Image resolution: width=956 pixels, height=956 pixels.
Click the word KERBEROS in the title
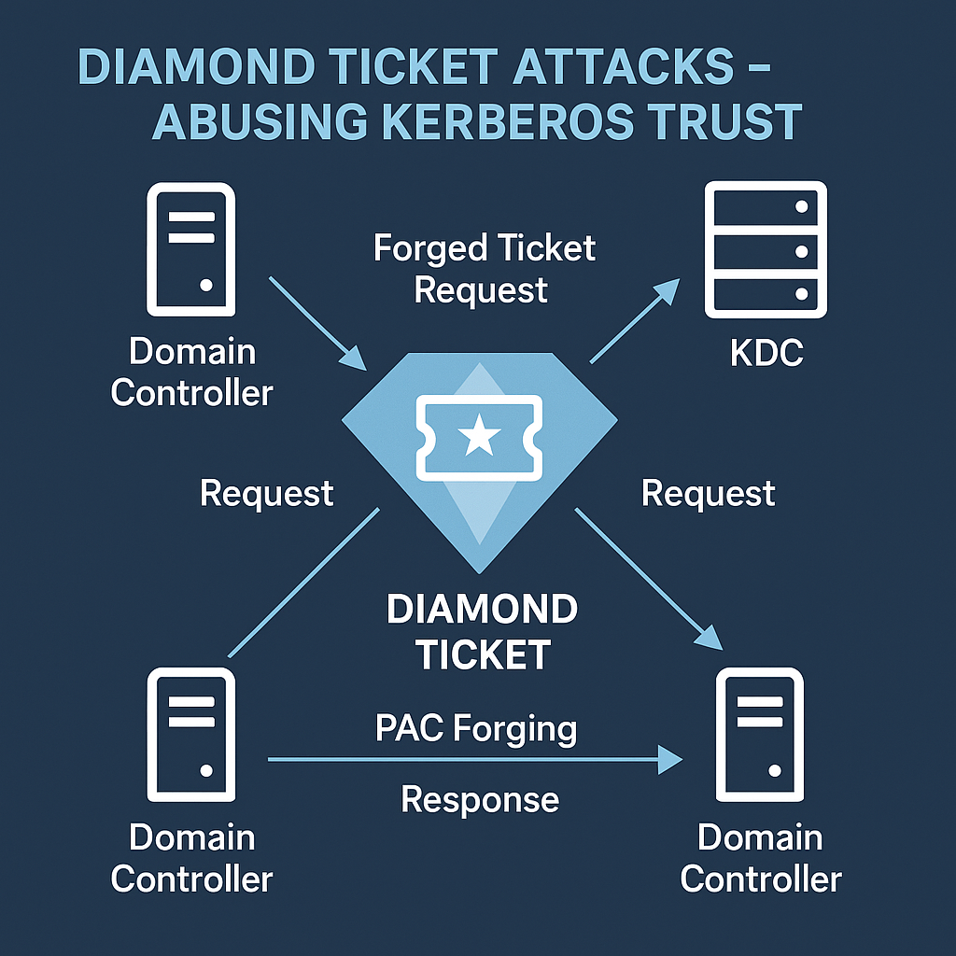(x=485, y=121)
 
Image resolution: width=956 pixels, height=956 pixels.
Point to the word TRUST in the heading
(x=717, y=121)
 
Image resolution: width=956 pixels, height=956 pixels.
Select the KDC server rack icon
(x=766, y=250)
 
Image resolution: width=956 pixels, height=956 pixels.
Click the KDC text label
(x=766, y=355)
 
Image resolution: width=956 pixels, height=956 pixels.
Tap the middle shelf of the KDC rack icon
(x=766, y=250)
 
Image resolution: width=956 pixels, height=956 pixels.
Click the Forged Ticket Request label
(x=484, y=269)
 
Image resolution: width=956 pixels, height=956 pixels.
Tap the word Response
(x=480, y=799)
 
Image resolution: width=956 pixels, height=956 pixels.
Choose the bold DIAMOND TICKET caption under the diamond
(x=482, y=632)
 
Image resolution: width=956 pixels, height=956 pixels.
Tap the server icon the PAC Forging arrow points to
(x=759, y=738)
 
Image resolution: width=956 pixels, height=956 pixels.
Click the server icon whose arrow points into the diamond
(x=191, y=250)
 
